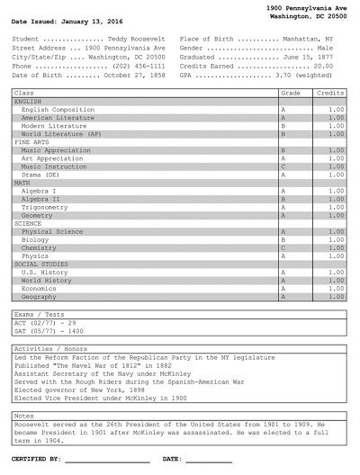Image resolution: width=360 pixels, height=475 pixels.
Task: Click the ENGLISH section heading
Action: coord(28,101)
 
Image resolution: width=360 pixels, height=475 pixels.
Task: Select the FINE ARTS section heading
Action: coord(31,142)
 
